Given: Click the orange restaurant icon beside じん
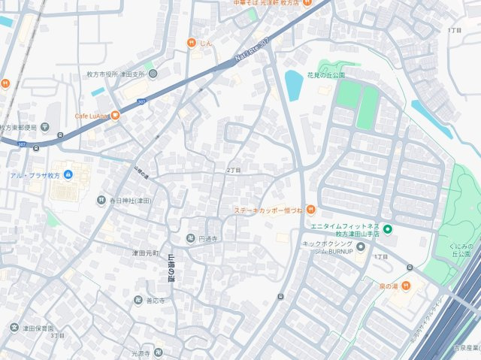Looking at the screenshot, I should [192, 44].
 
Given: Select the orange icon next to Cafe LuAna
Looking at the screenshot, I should [115, 116].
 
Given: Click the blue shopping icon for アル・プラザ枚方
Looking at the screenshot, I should [68, 175].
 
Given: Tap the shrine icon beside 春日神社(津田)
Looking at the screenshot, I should [101, 201].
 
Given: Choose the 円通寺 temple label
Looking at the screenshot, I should [208, 239].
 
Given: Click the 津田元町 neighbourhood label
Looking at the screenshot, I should [146, 254].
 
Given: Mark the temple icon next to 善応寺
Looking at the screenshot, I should [138, 301].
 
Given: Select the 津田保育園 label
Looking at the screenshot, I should [37, 328].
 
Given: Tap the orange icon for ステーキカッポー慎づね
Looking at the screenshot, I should [310, 210].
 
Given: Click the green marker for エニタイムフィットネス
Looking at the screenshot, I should [388, 229].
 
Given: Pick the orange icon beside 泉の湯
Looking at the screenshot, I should [405, 285].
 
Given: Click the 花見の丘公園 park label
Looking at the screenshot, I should [325, 76].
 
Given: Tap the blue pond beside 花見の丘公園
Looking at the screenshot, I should [293, 80].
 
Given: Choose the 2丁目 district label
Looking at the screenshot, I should [233, 171].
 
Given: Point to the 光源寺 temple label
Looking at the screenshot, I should [141, 352].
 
